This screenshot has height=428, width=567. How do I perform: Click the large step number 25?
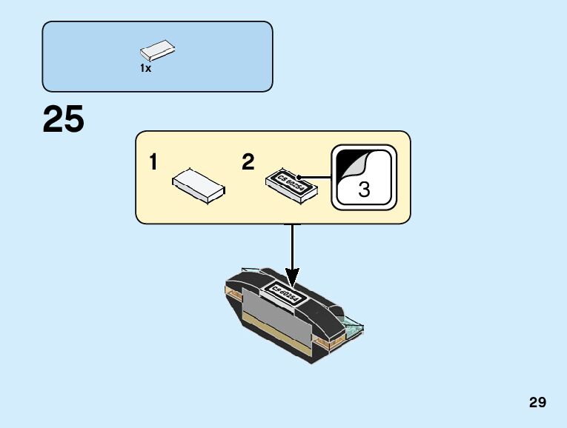point(64,120)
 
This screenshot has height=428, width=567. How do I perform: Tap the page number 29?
point(538,403)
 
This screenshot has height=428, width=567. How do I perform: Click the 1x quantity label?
point(145,69)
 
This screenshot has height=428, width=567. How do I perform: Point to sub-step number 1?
point(153,163)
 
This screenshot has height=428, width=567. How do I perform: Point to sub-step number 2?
point(248,163)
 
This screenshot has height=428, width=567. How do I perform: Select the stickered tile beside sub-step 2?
point(292,183)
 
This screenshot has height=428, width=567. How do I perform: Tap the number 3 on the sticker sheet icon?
point(364,190)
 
